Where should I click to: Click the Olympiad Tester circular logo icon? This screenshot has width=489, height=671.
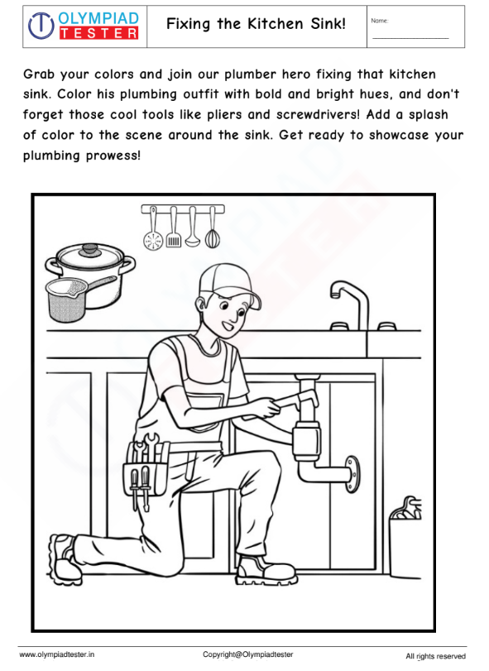41,26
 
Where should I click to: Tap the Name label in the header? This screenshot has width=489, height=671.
380,21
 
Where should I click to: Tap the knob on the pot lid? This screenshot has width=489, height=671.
90,249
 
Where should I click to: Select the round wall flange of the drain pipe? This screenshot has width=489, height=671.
352,474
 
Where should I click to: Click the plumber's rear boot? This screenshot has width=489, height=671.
65,554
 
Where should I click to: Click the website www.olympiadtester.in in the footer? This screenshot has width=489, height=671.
57,654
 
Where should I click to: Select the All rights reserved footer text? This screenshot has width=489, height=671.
435,656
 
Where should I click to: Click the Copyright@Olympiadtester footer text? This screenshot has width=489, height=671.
248,654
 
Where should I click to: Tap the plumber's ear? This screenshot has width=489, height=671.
200,304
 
